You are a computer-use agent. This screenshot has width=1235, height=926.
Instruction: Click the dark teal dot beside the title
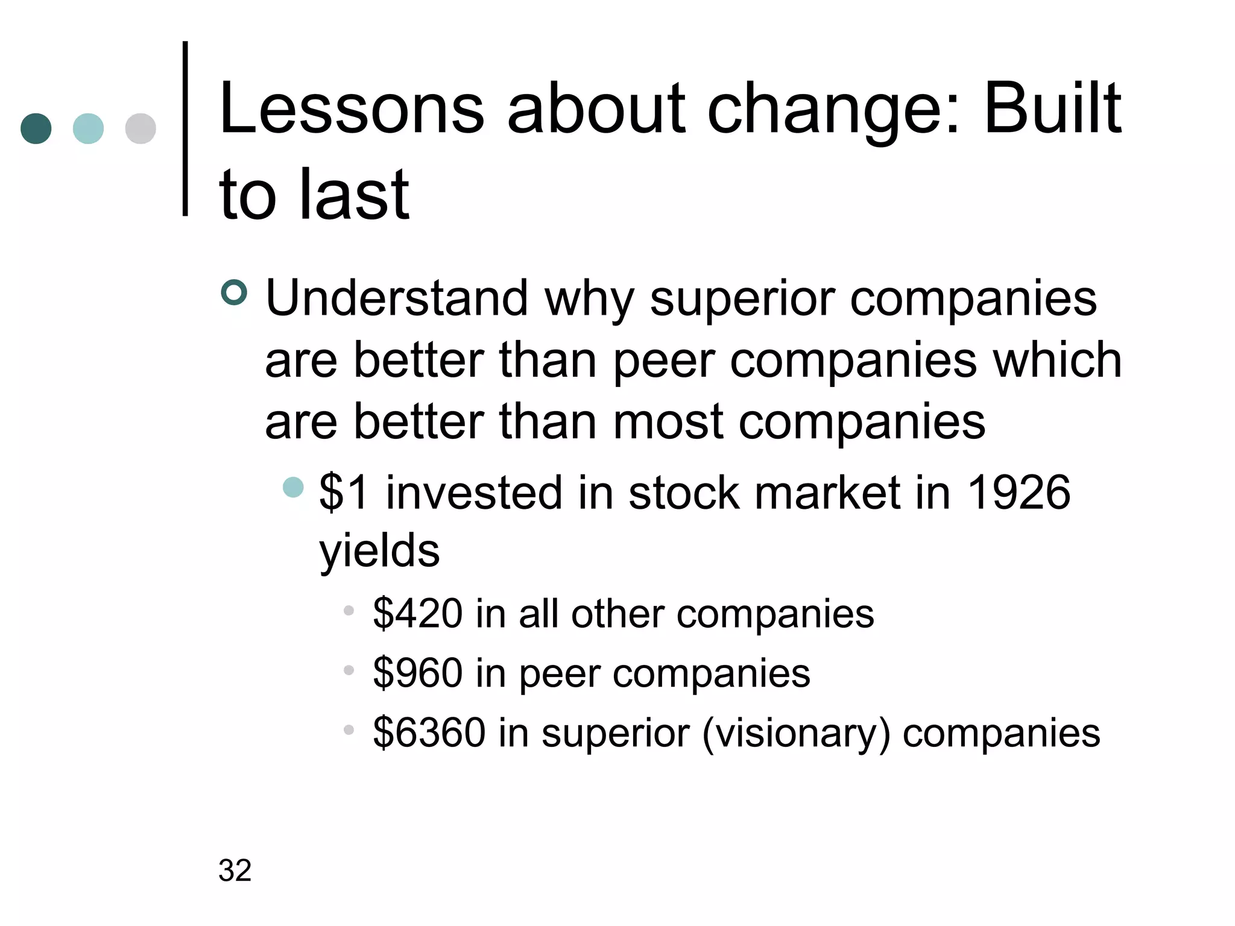click(x=36, y=128)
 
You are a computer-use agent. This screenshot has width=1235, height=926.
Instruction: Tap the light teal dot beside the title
click(x=88, y=128)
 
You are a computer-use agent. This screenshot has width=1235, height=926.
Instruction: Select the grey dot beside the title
click(x=141, y=128)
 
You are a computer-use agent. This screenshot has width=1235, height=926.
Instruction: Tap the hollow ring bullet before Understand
click(x=234, y=293)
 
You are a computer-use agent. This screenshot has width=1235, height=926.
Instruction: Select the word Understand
click(x=397, y=298)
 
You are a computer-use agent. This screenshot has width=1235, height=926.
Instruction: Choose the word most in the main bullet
click(x=668, y=421)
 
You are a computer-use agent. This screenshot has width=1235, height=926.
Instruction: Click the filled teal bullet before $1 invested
click(x=294, y=487)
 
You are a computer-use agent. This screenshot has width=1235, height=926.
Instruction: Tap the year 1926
click(x=1019, y=493)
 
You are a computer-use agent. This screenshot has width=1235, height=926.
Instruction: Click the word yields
click(x=379, y=552)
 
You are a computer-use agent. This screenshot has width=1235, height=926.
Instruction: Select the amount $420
click(x=417, y=614)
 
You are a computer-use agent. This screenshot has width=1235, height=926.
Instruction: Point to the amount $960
click(x=417, y=673)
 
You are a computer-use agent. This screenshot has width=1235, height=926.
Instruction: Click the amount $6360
click(x=429, y=732)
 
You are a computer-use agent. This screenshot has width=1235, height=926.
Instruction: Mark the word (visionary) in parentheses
click(x=796, y=734)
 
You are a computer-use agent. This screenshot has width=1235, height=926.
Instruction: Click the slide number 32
click(x=235, y=871)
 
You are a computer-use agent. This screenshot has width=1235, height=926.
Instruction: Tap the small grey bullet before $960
click(x=349, y=670)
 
